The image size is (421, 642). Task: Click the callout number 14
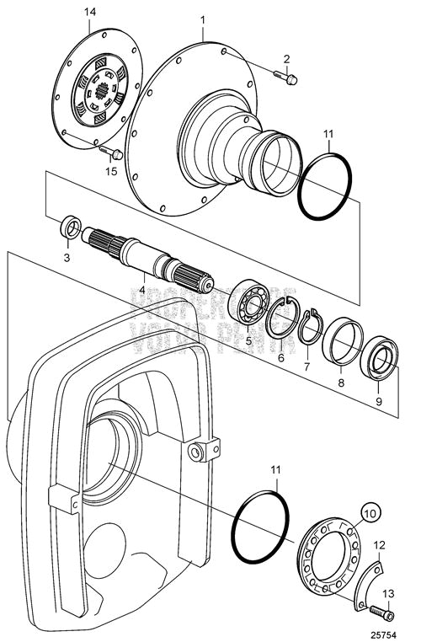90,12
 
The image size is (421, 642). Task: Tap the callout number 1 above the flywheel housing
203,19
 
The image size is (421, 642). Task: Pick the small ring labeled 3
71,227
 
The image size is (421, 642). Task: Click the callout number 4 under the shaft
142,291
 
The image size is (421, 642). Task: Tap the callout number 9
378,402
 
